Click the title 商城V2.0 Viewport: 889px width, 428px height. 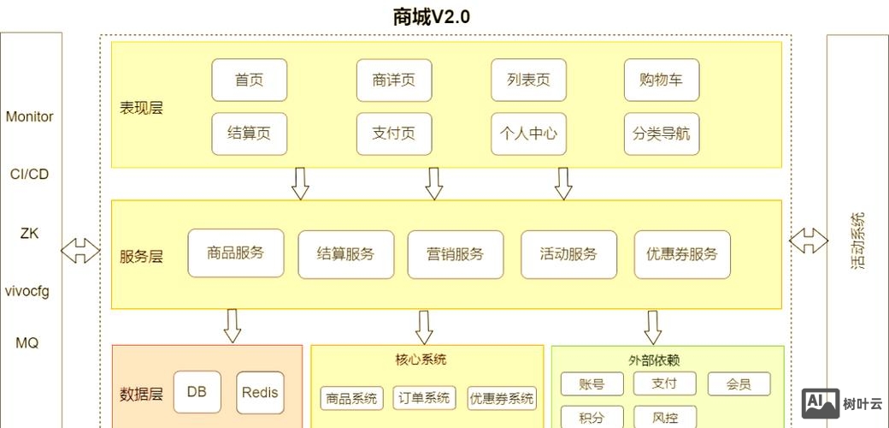[432, 16]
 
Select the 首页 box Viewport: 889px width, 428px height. [250, 80]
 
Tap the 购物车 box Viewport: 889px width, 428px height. [661, 80]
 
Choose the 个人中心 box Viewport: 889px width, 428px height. [529, 134]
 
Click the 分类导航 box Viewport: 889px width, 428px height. [661, 134]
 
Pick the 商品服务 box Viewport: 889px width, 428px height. [235, 253]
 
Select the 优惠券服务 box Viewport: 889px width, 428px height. [682, 254]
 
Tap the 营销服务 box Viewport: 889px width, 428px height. [455, 254]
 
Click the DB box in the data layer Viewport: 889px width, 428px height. [197, 393]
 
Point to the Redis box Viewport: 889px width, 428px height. [260, 393]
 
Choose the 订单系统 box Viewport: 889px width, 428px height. [425, 398]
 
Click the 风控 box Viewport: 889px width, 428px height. [665, 418]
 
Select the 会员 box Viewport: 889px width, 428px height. [739, 384]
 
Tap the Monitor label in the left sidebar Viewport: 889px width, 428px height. [30, 116]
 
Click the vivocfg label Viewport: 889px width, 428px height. [27, 291]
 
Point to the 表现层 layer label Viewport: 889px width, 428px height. [141, 108]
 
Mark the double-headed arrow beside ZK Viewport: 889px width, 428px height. [80, 251]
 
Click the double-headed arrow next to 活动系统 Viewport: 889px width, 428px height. [808, 241]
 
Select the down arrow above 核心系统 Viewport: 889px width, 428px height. [424, 326]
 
